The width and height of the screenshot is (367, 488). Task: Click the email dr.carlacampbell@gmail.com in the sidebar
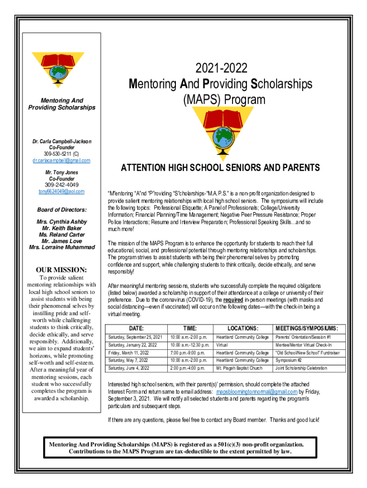(61, 161)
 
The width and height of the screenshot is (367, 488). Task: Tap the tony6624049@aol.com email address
(61, 192)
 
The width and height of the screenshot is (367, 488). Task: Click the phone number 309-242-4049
(61, 185)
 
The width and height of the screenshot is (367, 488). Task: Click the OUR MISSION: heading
(61, 270)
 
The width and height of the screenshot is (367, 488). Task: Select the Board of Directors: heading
(61, 210)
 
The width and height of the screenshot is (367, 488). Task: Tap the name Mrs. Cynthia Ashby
(61, 222)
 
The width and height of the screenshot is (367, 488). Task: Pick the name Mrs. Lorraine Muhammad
(61, 247)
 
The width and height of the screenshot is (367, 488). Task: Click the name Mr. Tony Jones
(61, 172)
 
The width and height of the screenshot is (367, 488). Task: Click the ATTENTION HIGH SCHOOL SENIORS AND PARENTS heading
(220, 168)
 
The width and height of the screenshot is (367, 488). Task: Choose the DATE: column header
(135, 328)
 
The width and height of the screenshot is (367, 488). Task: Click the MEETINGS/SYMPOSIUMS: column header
(306, 328)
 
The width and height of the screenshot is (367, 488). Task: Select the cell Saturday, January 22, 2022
(135, 345)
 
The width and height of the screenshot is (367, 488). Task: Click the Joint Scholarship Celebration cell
(301, 368)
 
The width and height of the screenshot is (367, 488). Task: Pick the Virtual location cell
(221, 345)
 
